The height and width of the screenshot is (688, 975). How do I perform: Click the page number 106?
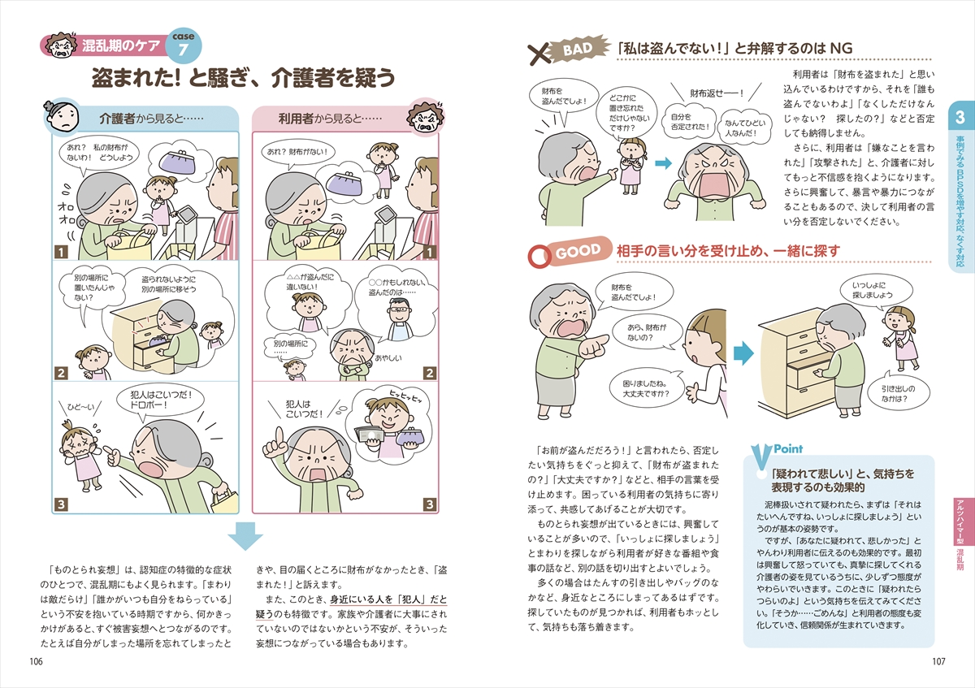pos(36,661)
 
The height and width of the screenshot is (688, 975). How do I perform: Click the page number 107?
pos(939,661)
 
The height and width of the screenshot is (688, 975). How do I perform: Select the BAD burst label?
pos(578,50)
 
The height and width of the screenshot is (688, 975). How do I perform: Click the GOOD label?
pos(578,251)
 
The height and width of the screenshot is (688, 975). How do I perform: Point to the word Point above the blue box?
pos(788,448)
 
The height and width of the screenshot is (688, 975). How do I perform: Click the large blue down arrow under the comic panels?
pos(245,535)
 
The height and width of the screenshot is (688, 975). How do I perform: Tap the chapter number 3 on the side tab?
pos(960,117)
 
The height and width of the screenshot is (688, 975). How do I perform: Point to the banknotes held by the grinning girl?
pos(370,435)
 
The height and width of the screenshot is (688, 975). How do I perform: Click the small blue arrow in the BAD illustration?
pos(663,163)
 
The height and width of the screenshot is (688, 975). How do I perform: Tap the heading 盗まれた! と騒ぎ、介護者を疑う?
pos(243,78)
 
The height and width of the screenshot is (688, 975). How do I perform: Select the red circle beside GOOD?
pos(539,257)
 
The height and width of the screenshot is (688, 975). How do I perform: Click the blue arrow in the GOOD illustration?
pos(743,353)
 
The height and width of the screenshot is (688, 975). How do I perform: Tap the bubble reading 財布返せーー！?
pos(717,93)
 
